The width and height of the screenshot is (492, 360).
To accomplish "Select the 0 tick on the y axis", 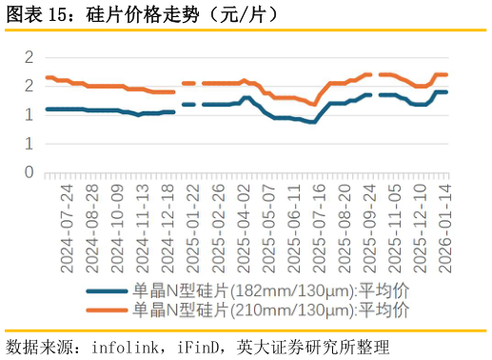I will point(29,173).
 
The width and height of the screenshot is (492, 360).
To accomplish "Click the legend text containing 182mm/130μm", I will point(270,291).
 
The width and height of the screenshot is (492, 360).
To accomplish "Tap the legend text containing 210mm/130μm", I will point(270,310).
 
